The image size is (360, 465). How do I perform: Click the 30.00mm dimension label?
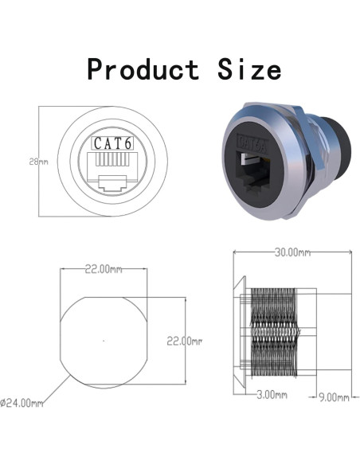click(292, 252)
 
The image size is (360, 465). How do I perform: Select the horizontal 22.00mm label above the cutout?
click(104, 269)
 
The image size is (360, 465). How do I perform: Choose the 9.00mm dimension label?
click(333, 396)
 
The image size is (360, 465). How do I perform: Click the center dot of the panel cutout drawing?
click(103, 340)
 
